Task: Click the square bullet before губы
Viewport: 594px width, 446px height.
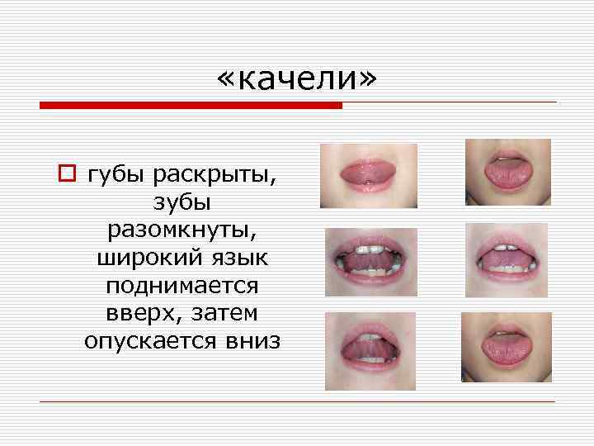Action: click(65, 174)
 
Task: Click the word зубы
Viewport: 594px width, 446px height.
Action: click(182, 203)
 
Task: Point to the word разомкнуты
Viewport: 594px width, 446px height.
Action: click(182, 230)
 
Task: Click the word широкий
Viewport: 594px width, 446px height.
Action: click(146, 258)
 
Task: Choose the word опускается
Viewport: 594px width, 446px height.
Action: click(147, 340)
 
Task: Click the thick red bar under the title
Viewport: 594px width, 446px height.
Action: click(191, 106)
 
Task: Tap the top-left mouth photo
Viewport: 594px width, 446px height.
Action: click(368, 175)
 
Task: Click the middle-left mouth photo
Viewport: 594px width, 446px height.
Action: click(370, 262)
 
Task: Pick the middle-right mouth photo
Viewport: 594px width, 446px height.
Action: click(507, 260)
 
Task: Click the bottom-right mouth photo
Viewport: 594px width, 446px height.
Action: click(506, 347)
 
